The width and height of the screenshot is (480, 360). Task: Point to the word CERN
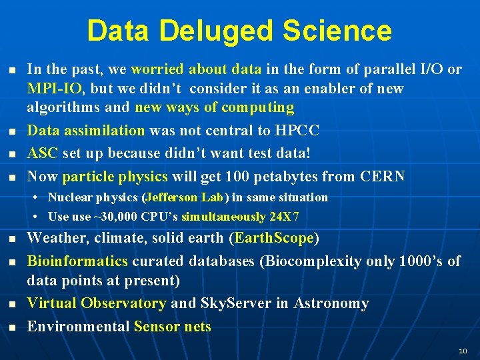(382, 177)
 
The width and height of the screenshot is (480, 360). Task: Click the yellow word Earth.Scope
(273, 238)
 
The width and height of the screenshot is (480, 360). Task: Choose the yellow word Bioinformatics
(77, 261)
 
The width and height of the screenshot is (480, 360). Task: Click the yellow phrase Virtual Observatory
(96, 303)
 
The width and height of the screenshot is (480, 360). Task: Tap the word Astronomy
(331, 303)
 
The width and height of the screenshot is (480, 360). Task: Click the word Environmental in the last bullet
(78, 327)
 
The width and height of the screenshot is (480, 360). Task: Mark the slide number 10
(463, 351)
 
